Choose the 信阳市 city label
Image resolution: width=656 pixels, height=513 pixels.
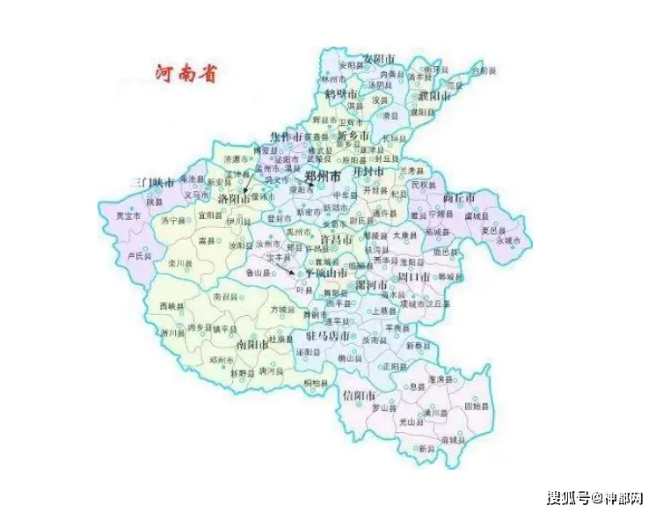coord(360,395)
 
